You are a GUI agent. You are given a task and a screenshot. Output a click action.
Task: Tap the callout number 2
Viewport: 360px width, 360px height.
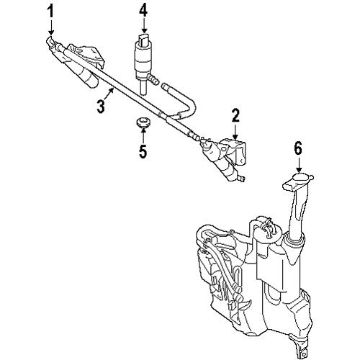(x=235, y=115)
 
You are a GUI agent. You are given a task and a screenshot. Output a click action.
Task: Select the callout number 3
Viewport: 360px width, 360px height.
(x=101, y=107)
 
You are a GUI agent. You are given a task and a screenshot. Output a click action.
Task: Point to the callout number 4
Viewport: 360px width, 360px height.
(x=143, y=10)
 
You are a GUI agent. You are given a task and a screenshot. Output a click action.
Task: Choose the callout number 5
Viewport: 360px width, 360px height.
(x=143, y=151)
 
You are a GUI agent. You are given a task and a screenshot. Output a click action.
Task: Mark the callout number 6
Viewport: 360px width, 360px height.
(x=298, y=149)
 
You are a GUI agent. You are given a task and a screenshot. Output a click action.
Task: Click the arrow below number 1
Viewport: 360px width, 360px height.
(x=51, y=28)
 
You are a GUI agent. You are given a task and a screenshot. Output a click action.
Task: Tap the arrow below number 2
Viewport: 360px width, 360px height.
(x=235, y=132)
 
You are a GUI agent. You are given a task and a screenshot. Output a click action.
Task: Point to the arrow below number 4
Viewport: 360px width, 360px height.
(x=144, y=25)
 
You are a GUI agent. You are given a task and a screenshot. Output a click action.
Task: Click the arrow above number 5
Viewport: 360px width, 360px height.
(x=143, y=135)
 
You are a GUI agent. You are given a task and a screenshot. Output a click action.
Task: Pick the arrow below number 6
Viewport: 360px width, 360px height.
(x=299, y=165)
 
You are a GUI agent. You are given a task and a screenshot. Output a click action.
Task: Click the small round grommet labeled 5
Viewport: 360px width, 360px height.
(x=143, y=122)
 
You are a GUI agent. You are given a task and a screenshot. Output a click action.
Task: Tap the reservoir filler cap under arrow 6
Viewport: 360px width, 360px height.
(x=300, y=179)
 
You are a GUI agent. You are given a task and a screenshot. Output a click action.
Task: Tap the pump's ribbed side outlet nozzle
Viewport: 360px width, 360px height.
(x=153, y=79)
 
